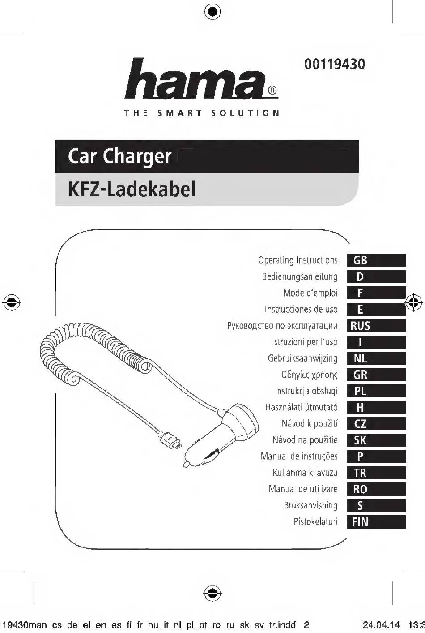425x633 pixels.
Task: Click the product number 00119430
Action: tap(335, 64)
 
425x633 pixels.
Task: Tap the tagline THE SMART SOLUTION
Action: tap(202, 113)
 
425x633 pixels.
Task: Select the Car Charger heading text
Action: tap(119, 156)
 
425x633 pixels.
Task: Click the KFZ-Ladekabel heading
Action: tap(132, 189)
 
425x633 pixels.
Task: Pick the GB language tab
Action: tap(376, 260)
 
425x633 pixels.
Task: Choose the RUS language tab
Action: tap(376, 326)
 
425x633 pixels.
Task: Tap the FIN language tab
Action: tap(376, 521)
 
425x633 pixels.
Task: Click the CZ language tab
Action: tap(376, 424)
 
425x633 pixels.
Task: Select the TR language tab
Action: tap(376, 473)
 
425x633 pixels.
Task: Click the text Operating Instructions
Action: tap(298, 260)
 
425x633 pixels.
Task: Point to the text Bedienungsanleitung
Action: tap(300, 277)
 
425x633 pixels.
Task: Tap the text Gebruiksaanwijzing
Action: tap(302, 358)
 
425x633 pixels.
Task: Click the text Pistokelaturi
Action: tap(315, 521)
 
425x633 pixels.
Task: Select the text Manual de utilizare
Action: tap(303, 489)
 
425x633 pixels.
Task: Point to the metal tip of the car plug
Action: tap(186, 464)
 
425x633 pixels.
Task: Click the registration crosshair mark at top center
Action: tap(212, 12)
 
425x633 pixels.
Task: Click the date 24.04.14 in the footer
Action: tap(381, 624)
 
